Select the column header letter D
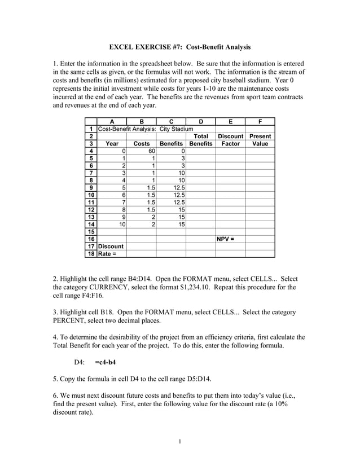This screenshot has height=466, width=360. click(200, 121)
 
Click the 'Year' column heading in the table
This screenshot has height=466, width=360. click(112, 144)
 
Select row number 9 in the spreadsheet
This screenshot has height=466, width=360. click(91, 187)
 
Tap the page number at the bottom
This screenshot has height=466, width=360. click(179, 441)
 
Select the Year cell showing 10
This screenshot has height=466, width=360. click(112, 224)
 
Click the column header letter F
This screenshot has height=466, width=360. click(260, 121)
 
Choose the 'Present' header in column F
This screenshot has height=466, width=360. click(260, 137)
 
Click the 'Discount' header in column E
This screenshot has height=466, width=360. click(230, 137)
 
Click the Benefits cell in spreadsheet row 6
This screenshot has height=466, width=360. click(171, 165)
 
